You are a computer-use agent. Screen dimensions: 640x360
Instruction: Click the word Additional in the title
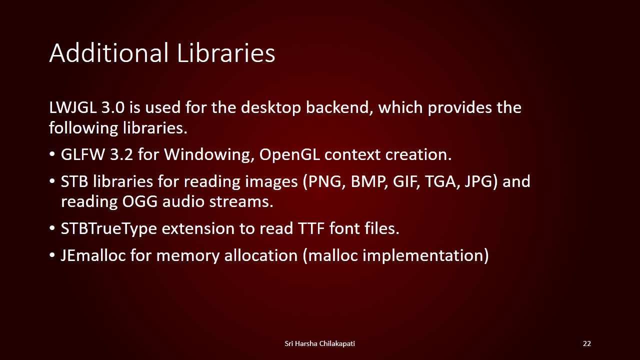[x=109, y=52]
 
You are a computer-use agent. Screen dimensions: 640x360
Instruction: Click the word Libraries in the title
[x=226, y=52]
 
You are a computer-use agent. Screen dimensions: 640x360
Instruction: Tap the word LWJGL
[x=73, y=108]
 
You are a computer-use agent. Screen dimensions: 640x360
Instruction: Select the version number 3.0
[x=113, y=107]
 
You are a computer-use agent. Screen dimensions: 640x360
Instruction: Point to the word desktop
[x=271, y=108]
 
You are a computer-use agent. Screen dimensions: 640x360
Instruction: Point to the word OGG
[x=140, y=201]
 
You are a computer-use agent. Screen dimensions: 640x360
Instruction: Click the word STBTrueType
[x=109, y=229]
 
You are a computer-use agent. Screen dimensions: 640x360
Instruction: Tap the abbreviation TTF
[x=311, y=228]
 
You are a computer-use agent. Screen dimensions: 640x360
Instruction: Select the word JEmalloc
[x=93, y=255]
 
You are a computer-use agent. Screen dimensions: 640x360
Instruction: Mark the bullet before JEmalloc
[x=51, y=255]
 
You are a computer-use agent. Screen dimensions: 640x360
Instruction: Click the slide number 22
[x=587, y=343]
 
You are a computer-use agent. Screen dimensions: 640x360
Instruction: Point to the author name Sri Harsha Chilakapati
[x=319, y=343]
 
